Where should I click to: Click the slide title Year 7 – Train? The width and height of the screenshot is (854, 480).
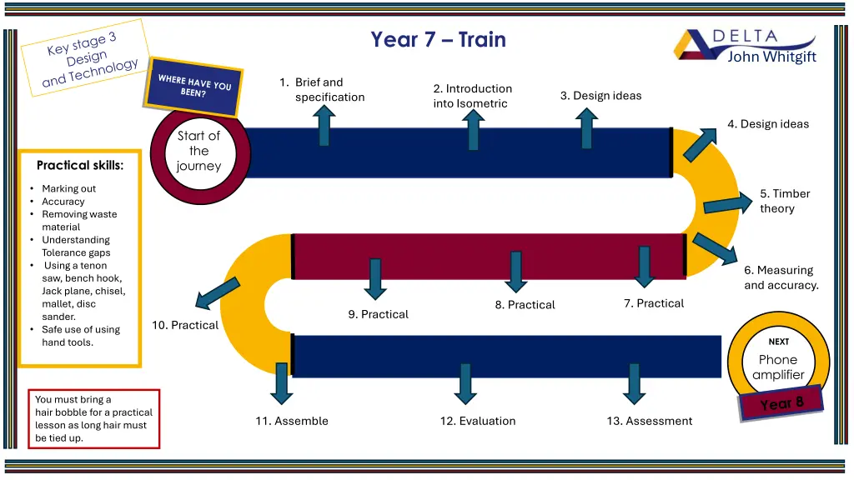click(x=438, y=39)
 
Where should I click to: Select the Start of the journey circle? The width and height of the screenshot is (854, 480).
click(x=199, y=151)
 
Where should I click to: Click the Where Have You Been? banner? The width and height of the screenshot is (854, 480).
click(x=194, y=87)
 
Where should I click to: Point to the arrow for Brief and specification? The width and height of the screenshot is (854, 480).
click(x=324, y=126)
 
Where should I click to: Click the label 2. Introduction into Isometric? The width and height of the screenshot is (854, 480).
click(x=472, y=96)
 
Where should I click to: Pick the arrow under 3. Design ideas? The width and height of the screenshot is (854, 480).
click(x=587, y=129)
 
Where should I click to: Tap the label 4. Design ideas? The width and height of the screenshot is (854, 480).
click(x=767, y=124)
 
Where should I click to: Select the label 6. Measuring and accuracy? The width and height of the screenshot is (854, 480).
click(x=781, y=277)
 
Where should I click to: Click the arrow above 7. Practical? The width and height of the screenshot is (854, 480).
click(x=643, y=266)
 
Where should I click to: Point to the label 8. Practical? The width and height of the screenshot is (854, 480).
click(x=525, y=305)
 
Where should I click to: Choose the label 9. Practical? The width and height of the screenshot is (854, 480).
click(x=378, y=314)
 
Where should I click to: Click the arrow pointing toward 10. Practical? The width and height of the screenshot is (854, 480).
click(x=216, y=292)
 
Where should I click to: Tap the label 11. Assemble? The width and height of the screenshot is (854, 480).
click(x=292, y=421)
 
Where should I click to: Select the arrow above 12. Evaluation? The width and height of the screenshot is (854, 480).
click(x=465, y=384)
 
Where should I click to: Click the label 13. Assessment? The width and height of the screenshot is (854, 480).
click(x=649, y=421)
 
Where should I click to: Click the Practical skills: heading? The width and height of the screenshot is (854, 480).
click(x=80, y=165)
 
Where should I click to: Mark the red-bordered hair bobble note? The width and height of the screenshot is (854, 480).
click(x=93, y=418)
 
